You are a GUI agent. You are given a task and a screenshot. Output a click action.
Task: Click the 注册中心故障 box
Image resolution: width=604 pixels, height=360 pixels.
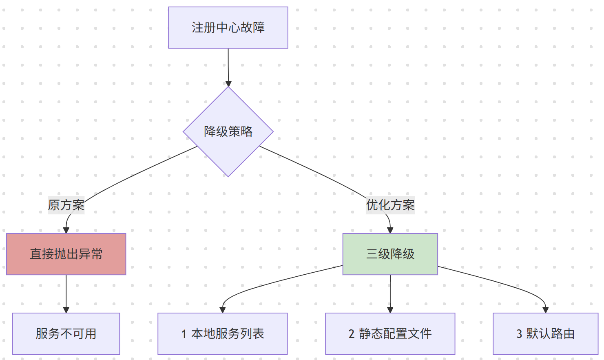coord(228,28)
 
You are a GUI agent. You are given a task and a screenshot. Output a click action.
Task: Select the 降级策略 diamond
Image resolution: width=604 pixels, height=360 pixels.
coord(228,131)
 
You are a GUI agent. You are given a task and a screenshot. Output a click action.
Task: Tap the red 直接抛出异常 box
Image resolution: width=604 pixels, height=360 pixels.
coord(66,254)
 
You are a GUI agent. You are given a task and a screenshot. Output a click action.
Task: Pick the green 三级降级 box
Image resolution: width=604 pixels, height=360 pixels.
coord(390,254)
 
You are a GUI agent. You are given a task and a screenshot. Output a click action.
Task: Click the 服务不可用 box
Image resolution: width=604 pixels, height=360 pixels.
coord(66,333)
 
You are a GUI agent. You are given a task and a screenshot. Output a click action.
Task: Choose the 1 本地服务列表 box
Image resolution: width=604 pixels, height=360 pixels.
coord(222,333)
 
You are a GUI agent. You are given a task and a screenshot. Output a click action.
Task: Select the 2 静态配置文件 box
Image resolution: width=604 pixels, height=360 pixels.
coord(390,333)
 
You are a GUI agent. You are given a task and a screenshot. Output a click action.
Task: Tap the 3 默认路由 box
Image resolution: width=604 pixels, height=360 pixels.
coord(545,333)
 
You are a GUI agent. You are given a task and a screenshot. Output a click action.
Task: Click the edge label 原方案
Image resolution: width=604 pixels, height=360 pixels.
coord(66,205)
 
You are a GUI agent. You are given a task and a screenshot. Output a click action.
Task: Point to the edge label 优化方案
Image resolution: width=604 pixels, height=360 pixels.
coord(390,205)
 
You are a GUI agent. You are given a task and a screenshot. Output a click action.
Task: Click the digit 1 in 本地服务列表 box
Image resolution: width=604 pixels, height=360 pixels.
coord(184,334)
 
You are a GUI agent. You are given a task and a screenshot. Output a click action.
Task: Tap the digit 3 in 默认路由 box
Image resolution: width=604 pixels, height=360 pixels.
coord(519,334)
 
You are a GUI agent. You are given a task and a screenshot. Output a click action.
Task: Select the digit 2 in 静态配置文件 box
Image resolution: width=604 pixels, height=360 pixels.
coord(352,334)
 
